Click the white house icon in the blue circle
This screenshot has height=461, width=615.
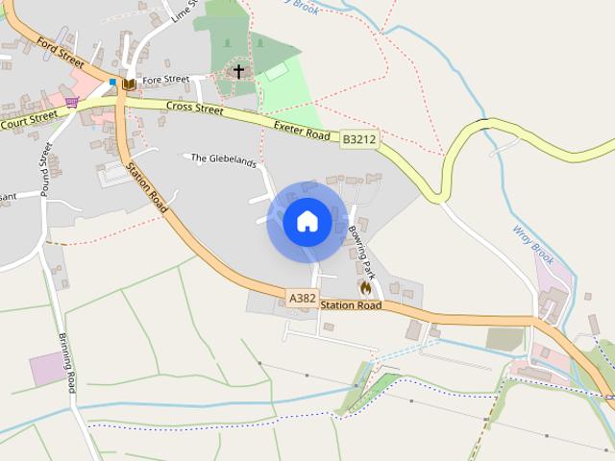click(307, 222)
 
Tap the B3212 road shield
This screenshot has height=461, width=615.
click(359, 140)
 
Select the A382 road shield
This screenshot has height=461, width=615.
click(302, 299)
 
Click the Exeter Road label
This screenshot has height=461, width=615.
click(302, 130)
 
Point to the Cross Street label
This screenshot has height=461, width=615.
click(194, 109)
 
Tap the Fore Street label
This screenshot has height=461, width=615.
click(165, 80)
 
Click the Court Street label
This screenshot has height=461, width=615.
click(29, 122)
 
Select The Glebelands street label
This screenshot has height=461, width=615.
click(224, 159)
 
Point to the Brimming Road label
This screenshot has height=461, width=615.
click(66, 362)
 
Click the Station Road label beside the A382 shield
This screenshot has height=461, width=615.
click(351, 305)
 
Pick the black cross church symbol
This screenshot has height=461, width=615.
click(239, 71)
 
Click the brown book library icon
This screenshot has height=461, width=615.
click(129, 85)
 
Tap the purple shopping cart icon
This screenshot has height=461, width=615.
click(71, 102)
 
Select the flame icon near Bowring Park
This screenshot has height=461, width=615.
click(365, 286)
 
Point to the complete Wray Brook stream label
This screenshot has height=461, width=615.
click(533, 246)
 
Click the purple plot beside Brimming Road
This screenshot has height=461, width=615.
click(49, 369)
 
